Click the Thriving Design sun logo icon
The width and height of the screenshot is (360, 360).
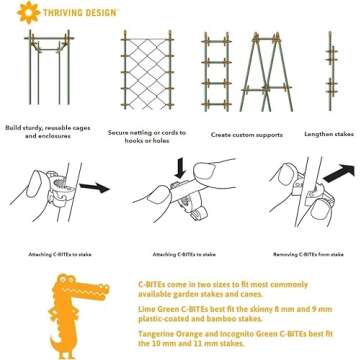(x=21, y=14)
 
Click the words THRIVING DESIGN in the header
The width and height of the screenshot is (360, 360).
(x=73, y=14)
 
